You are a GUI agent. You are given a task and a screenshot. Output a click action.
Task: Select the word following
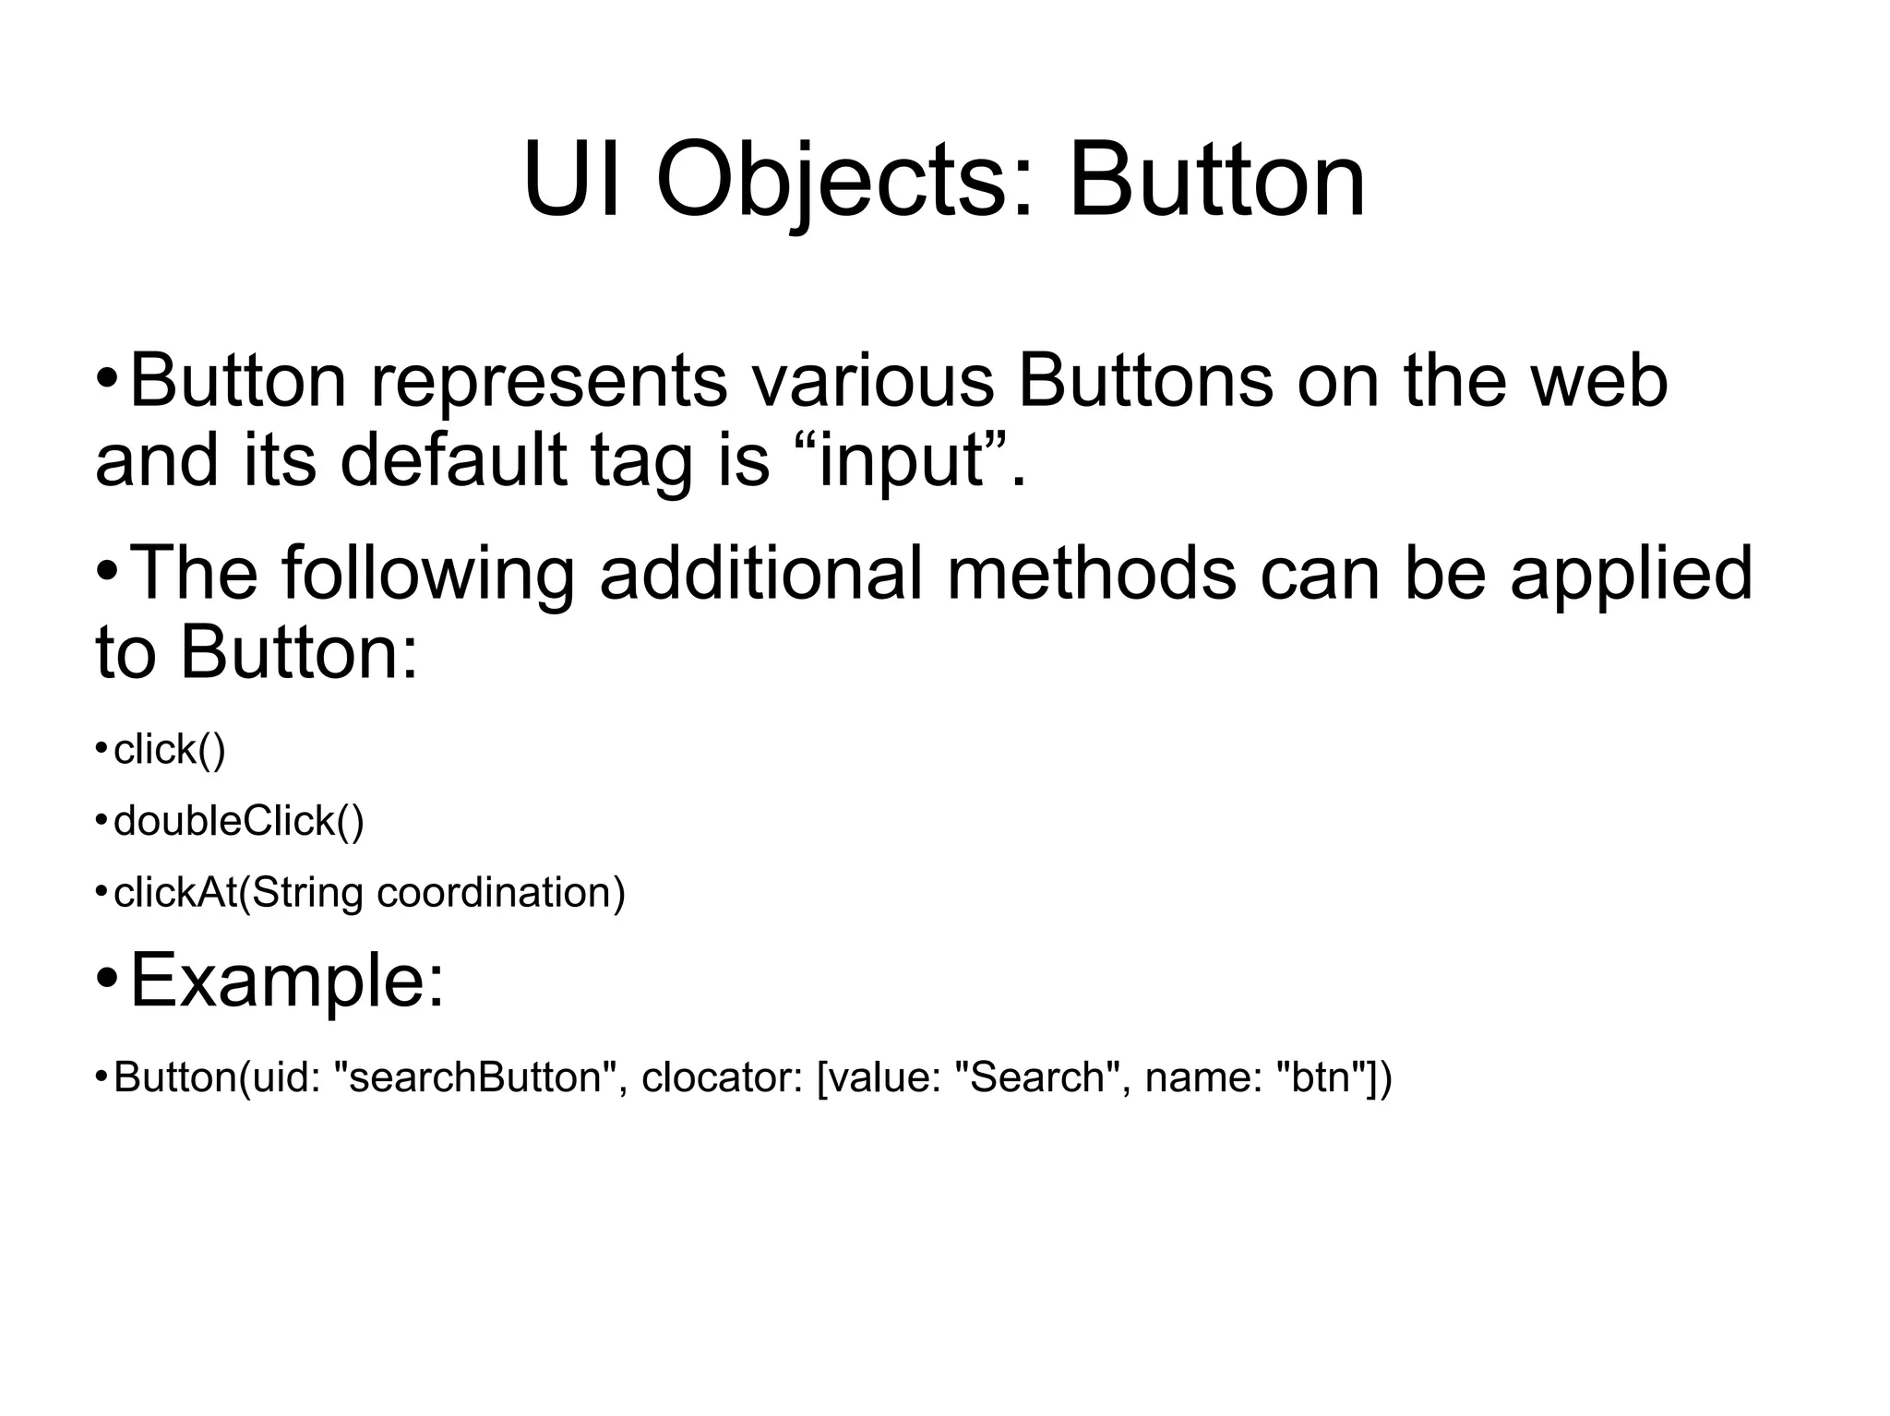click(x=428, y=573)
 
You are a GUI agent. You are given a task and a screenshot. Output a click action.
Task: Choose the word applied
click(x=1631, y=573)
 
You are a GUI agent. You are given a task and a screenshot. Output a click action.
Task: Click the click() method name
click(x=169, y=750)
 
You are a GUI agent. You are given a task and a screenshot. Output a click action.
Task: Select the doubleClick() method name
click(x=238, y=821)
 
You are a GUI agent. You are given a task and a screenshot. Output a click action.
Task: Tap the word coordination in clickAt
click(x=501, y=893)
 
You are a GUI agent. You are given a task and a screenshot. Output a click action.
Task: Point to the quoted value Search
click(x=1037, y=1077)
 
